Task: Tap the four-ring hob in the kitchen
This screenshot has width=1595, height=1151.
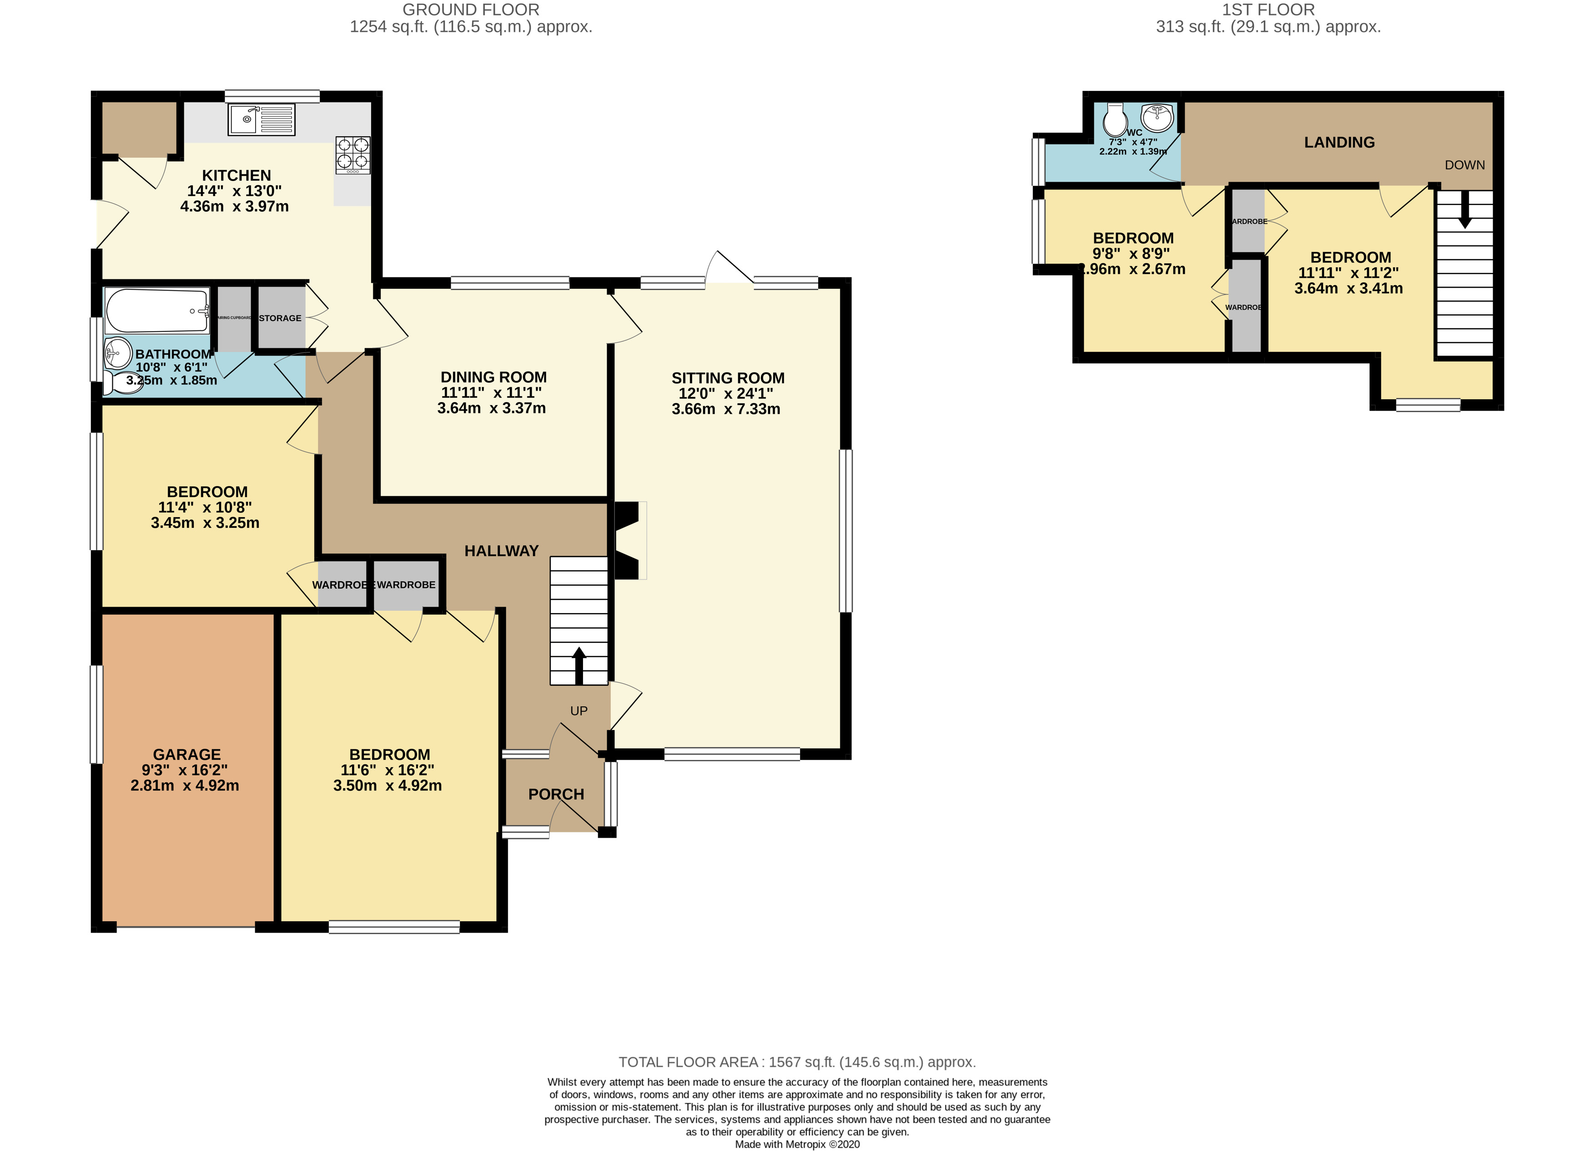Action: [x=352, y=155]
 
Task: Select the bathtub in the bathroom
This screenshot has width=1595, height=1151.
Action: [x=157, y=310]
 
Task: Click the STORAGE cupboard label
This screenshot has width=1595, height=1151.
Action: [x=280, y=318]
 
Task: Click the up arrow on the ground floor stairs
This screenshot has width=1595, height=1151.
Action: [x=579, y=664]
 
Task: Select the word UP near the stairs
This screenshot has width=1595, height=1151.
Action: [x=579, y=711]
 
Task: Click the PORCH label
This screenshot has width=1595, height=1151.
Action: [x=556, y=794]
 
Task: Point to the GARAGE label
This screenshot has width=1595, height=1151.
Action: [x=186, y=754]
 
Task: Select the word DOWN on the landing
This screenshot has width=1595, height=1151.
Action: [x=1464, y=165]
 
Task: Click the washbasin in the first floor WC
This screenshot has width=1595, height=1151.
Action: [x=1157, y=117]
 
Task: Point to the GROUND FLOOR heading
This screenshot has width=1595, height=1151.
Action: [x=470, y=10]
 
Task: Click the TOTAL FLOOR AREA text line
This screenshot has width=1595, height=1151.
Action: [x=797, y=1062]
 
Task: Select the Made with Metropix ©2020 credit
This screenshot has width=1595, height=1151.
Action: [x=797, y=1144]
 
